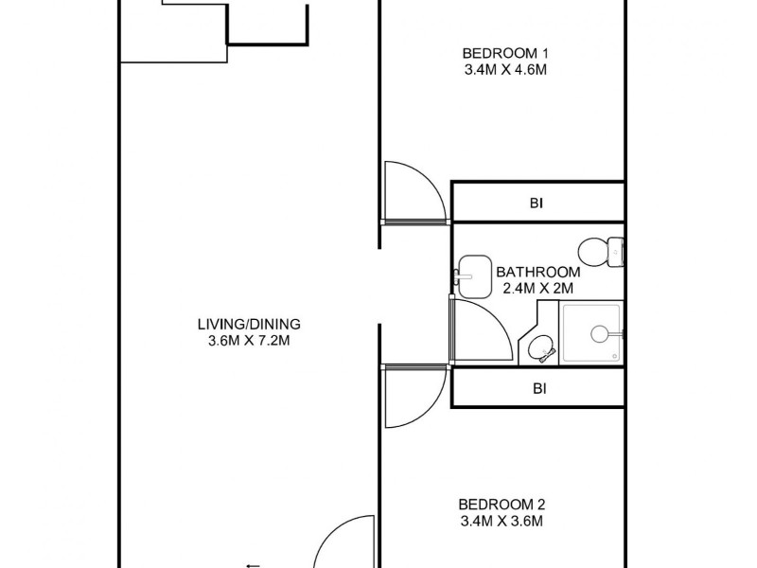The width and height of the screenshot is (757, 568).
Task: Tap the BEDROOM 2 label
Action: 502,505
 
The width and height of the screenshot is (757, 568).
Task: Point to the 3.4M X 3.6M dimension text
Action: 502,522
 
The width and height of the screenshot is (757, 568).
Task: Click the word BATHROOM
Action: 537,271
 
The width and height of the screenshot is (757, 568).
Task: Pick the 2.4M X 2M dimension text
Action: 537,288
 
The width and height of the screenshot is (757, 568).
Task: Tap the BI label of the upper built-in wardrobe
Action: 539,203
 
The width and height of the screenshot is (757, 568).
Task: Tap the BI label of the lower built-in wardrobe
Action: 539,388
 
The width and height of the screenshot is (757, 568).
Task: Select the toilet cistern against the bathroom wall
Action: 617,252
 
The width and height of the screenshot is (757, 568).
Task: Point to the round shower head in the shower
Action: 598,333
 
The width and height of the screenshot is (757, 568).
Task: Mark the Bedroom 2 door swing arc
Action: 416,398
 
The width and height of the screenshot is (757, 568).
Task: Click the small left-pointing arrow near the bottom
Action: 253,565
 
